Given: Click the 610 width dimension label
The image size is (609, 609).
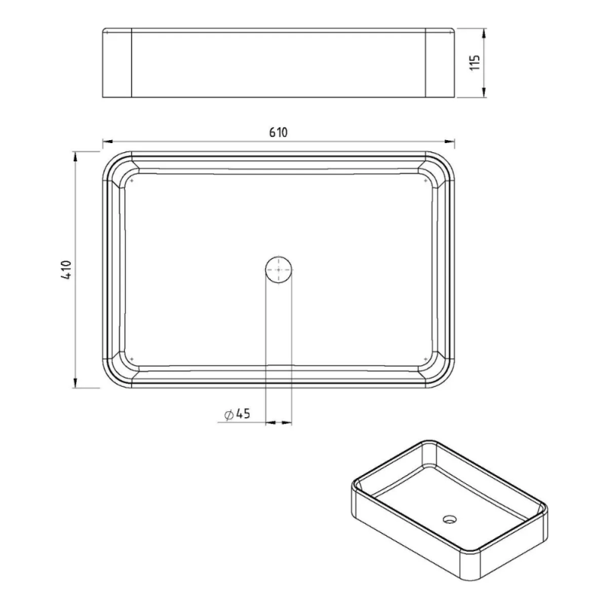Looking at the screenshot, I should click(x=279, y=132).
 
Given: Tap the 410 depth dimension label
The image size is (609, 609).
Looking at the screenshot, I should click(x=66, y=270).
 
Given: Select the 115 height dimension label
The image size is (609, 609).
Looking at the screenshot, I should click(x=475, y=63).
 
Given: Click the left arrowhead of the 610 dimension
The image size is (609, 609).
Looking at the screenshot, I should click(x=107, y=142).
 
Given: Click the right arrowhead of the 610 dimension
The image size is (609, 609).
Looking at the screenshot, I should click(x=450, y=142).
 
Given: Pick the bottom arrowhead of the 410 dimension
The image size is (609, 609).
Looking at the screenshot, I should click(x=75, y=384).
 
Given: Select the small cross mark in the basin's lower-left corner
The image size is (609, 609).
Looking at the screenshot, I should click(x=132, y=357).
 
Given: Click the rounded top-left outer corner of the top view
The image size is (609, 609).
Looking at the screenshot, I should click(x=110, y=159).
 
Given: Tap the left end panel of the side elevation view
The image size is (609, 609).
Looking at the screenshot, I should click(x=117, y=63).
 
